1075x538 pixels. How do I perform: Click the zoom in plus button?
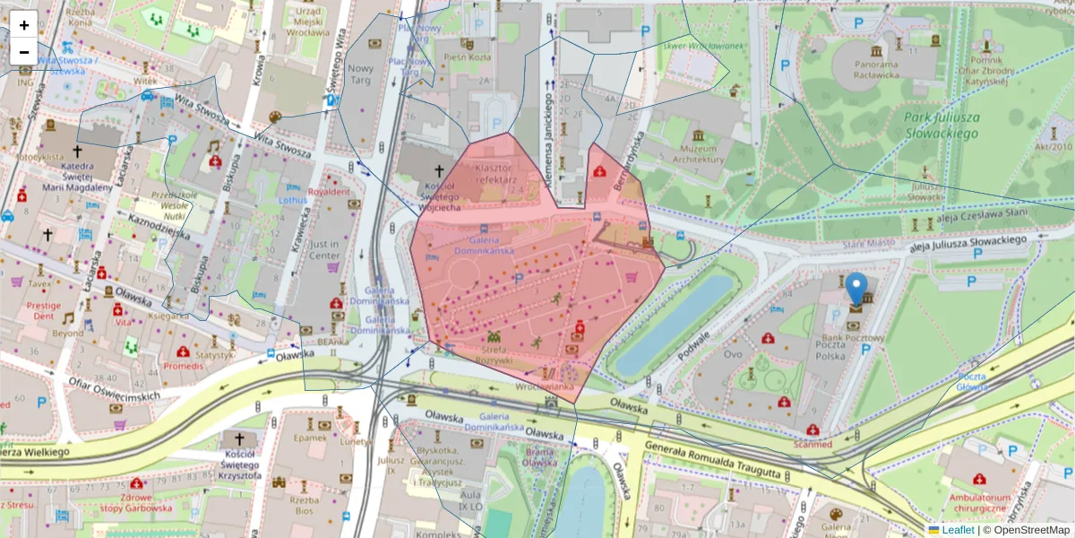pos(24,25)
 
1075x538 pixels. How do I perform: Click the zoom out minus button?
pos(24,52)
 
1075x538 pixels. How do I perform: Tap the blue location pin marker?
pos(856,289)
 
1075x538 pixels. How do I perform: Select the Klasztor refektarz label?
pos(494,174)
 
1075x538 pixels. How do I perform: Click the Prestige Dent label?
pos(43,310)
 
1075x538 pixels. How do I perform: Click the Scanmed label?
pos(813,445)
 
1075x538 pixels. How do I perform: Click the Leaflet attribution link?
pos(957,530)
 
